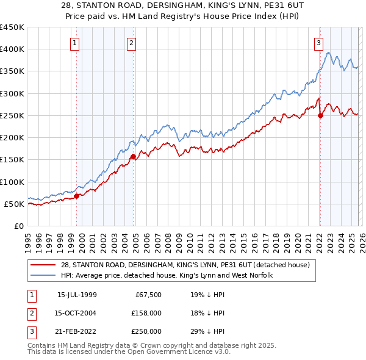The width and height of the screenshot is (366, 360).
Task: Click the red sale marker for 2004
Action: [134, 157]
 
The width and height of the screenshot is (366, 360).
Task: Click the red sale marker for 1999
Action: [77, 196]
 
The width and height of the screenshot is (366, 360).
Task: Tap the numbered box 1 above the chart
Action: [74, 43]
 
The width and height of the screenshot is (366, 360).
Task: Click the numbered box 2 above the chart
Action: [131, 43]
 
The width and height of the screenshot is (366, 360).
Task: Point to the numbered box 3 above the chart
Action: [318, 43]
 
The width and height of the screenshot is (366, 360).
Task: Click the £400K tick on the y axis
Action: [12, 49]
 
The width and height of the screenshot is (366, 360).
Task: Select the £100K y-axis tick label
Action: [12, 182]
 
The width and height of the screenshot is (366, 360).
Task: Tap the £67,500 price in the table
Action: [146, 295]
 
